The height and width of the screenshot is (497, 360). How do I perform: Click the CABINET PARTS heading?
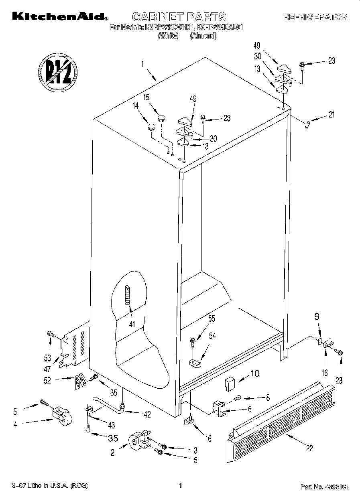[x=179, y=17]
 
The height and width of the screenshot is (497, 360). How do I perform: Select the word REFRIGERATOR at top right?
[x=315, y=17]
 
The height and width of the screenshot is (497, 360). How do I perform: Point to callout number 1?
[x=142, y=63]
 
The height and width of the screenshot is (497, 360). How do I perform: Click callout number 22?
[x=309, y=448]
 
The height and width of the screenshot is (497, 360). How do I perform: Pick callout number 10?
[x=255, y=374]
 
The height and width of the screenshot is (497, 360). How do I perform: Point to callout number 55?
[x=212, y=319]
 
